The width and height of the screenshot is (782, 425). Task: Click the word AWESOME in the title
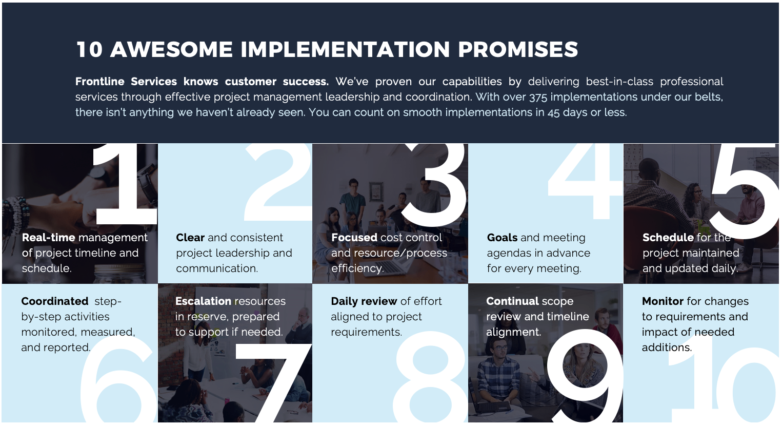[x=171, y=49]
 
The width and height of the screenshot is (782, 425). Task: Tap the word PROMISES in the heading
[x=518, y=49]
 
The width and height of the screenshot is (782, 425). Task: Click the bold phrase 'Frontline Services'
[x=126, y=82]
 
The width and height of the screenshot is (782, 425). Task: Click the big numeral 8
[x=430, y=377]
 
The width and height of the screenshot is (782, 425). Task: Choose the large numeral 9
[x=585, y=376]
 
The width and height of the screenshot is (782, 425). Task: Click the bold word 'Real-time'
[x=49, y=238]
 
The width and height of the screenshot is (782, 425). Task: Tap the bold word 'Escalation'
[x=208, y=301]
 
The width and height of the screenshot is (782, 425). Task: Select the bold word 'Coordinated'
[x=55, y=301]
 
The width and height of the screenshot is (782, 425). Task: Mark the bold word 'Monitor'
[x=663, y=301]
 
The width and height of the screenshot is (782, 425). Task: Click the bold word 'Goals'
[x=502, y=238]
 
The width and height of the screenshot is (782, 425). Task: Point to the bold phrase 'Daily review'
[x=364, y=301]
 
